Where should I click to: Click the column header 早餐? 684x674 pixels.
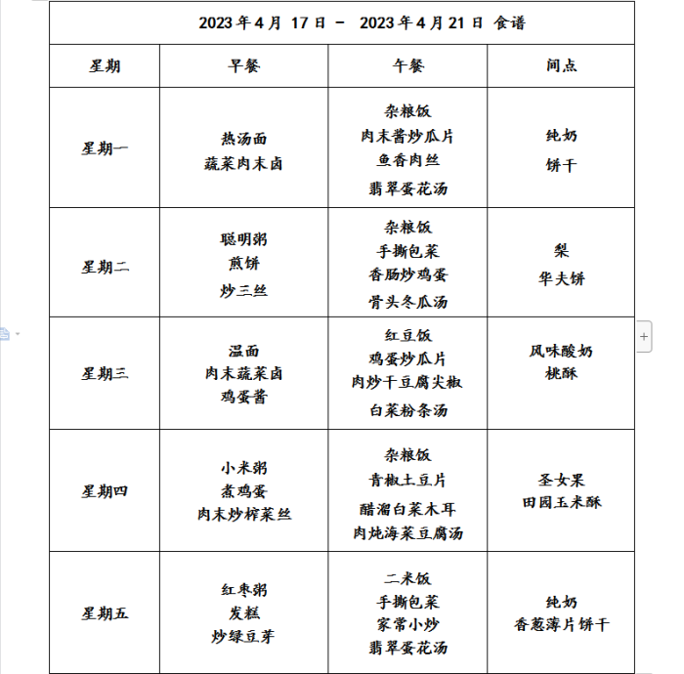(x=243, y=66)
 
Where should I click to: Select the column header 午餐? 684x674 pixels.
(x=407, y=66)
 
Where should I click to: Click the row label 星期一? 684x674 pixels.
(x=105, y=148)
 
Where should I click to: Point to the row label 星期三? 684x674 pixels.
(x=105, y=373)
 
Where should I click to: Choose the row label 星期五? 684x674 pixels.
(x=105, y=613)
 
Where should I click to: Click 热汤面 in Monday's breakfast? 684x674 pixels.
(x=243, y=140)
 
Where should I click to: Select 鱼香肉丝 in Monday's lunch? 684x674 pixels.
(x=407, y=160)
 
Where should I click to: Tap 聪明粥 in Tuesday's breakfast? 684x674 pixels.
(x=243, y=239)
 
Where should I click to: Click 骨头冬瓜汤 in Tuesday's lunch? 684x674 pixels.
(x=407, y=302)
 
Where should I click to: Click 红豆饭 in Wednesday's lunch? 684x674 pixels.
(x=407, y=335)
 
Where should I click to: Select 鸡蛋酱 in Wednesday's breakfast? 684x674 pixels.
(x=243, y=397)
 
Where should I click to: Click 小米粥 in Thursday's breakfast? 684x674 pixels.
(x=243, y=467)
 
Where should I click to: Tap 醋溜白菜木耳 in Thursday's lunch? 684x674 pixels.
(x=407, y=509)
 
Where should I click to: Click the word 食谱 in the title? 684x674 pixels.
(x=509, y=22)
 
